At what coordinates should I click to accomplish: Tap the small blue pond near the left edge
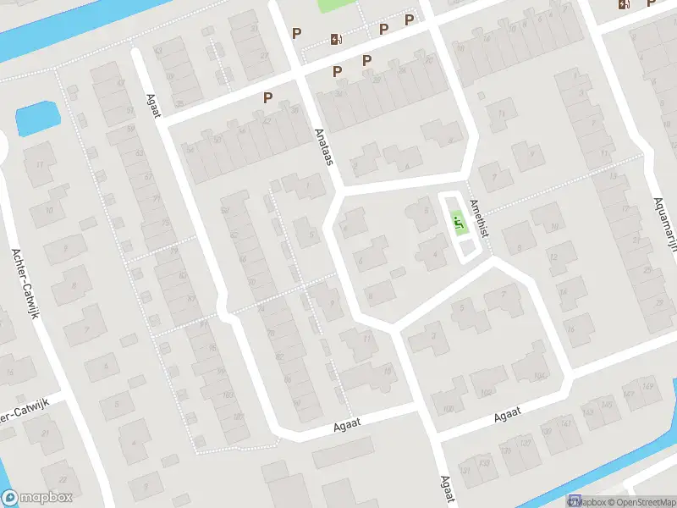(33, 119)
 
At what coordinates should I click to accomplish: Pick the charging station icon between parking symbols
(336, 38)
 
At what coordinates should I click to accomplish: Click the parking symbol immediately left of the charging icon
(296, 34)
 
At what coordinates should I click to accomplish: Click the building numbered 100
(449, 410)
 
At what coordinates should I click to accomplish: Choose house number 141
(567, 423)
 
